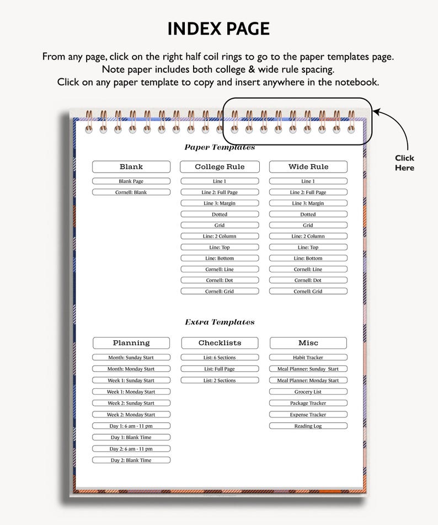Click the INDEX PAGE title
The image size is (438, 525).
(218, 29)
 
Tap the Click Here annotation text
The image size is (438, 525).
(404, 163)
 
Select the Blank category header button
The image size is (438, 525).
(131, 167)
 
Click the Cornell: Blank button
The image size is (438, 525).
(131, 192)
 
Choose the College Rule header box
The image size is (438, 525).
(220, 167)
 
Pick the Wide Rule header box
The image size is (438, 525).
(308, 167)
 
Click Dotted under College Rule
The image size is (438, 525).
(220, 215)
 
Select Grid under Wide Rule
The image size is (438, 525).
(308, 226)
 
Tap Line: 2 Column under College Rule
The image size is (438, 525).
(220, 236)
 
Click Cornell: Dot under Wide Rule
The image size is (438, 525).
(308, 280)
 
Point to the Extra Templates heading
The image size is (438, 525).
(220, 322)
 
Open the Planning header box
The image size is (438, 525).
(131, 343)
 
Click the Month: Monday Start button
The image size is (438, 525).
(131, 368)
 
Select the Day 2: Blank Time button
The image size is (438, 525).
(131, 460)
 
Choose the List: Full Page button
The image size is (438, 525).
(220, 368)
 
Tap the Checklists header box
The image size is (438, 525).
(220, 343)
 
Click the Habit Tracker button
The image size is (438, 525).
(308, 357)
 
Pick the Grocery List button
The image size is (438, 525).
(308, 392)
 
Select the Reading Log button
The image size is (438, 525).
(308, 426)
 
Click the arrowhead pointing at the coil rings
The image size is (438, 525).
(376, 111)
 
